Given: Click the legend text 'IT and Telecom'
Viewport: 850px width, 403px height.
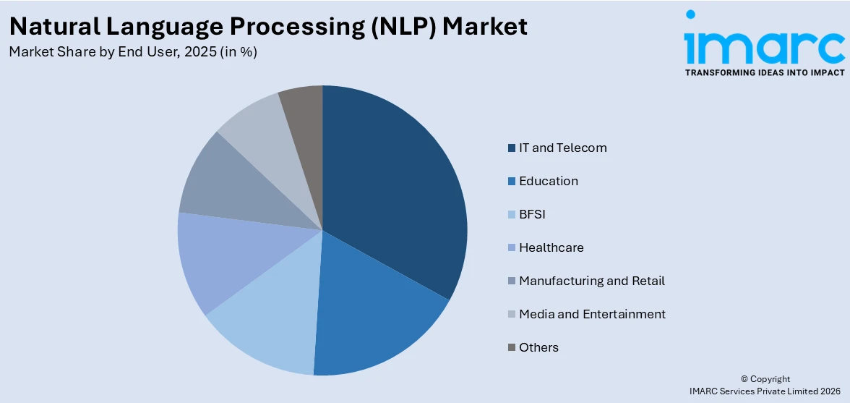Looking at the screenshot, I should tap(562, 148).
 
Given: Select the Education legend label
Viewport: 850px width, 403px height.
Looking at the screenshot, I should tap(548, 181).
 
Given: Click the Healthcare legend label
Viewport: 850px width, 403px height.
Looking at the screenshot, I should tap(551, 247).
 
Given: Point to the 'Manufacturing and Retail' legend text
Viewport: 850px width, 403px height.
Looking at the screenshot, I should tap(591, 281).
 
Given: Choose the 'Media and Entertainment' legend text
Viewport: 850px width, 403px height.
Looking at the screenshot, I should tap(592, 314).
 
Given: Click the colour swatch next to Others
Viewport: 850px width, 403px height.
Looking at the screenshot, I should tap(512, 347).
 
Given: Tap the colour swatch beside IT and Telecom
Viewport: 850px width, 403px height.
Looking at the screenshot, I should tap(512, 148).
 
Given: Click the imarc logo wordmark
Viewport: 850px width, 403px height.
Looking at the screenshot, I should tap(764, 45).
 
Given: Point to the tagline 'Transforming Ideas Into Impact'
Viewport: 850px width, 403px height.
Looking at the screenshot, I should tap(764, 72).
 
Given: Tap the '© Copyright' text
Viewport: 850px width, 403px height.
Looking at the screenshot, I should tap(765, 379).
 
